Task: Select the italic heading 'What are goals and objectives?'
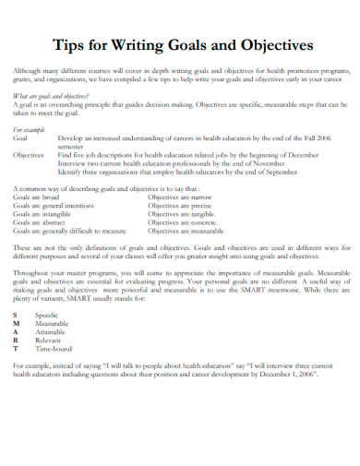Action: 51,95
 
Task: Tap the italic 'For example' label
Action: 30,130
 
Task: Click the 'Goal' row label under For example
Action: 21,138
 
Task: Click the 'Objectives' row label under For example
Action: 30,155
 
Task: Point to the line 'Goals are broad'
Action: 38,197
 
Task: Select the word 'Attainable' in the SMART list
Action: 53,333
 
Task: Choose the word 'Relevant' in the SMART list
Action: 50,341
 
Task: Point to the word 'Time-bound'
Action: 54,350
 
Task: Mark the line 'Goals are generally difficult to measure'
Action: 70,231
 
